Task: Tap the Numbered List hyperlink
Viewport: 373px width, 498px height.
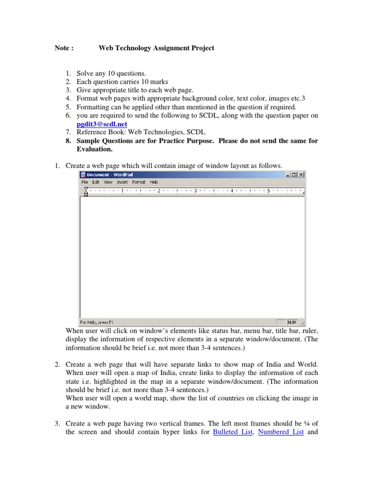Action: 281,432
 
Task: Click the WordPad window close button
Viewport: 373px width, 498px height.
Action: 301,175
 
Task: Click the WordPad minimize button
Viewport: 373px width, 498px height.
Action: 288,175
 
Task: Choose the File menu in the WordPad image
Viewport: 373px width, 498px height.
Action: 85,182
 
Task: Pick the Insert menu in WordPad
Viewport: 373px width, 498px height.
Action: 122,182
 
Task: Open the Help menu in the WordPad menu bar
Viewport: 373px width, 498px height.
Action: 153,182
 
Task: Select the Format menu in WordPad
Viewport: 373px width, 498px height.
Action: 138,182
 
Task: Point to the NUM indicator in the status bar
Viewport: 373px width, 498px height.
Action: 292,322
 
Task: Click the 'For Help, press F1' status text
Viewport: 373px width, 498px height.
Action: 97,322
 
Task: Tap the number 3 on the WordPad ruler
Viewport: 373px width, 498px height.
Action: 195,191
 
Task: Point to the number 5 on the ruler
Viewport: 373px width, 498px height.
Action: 268,191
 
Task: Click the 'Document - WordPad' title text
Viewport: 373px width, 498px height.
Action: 105,175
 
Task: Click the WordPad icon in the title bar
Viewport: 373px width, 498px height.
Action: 83,175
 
